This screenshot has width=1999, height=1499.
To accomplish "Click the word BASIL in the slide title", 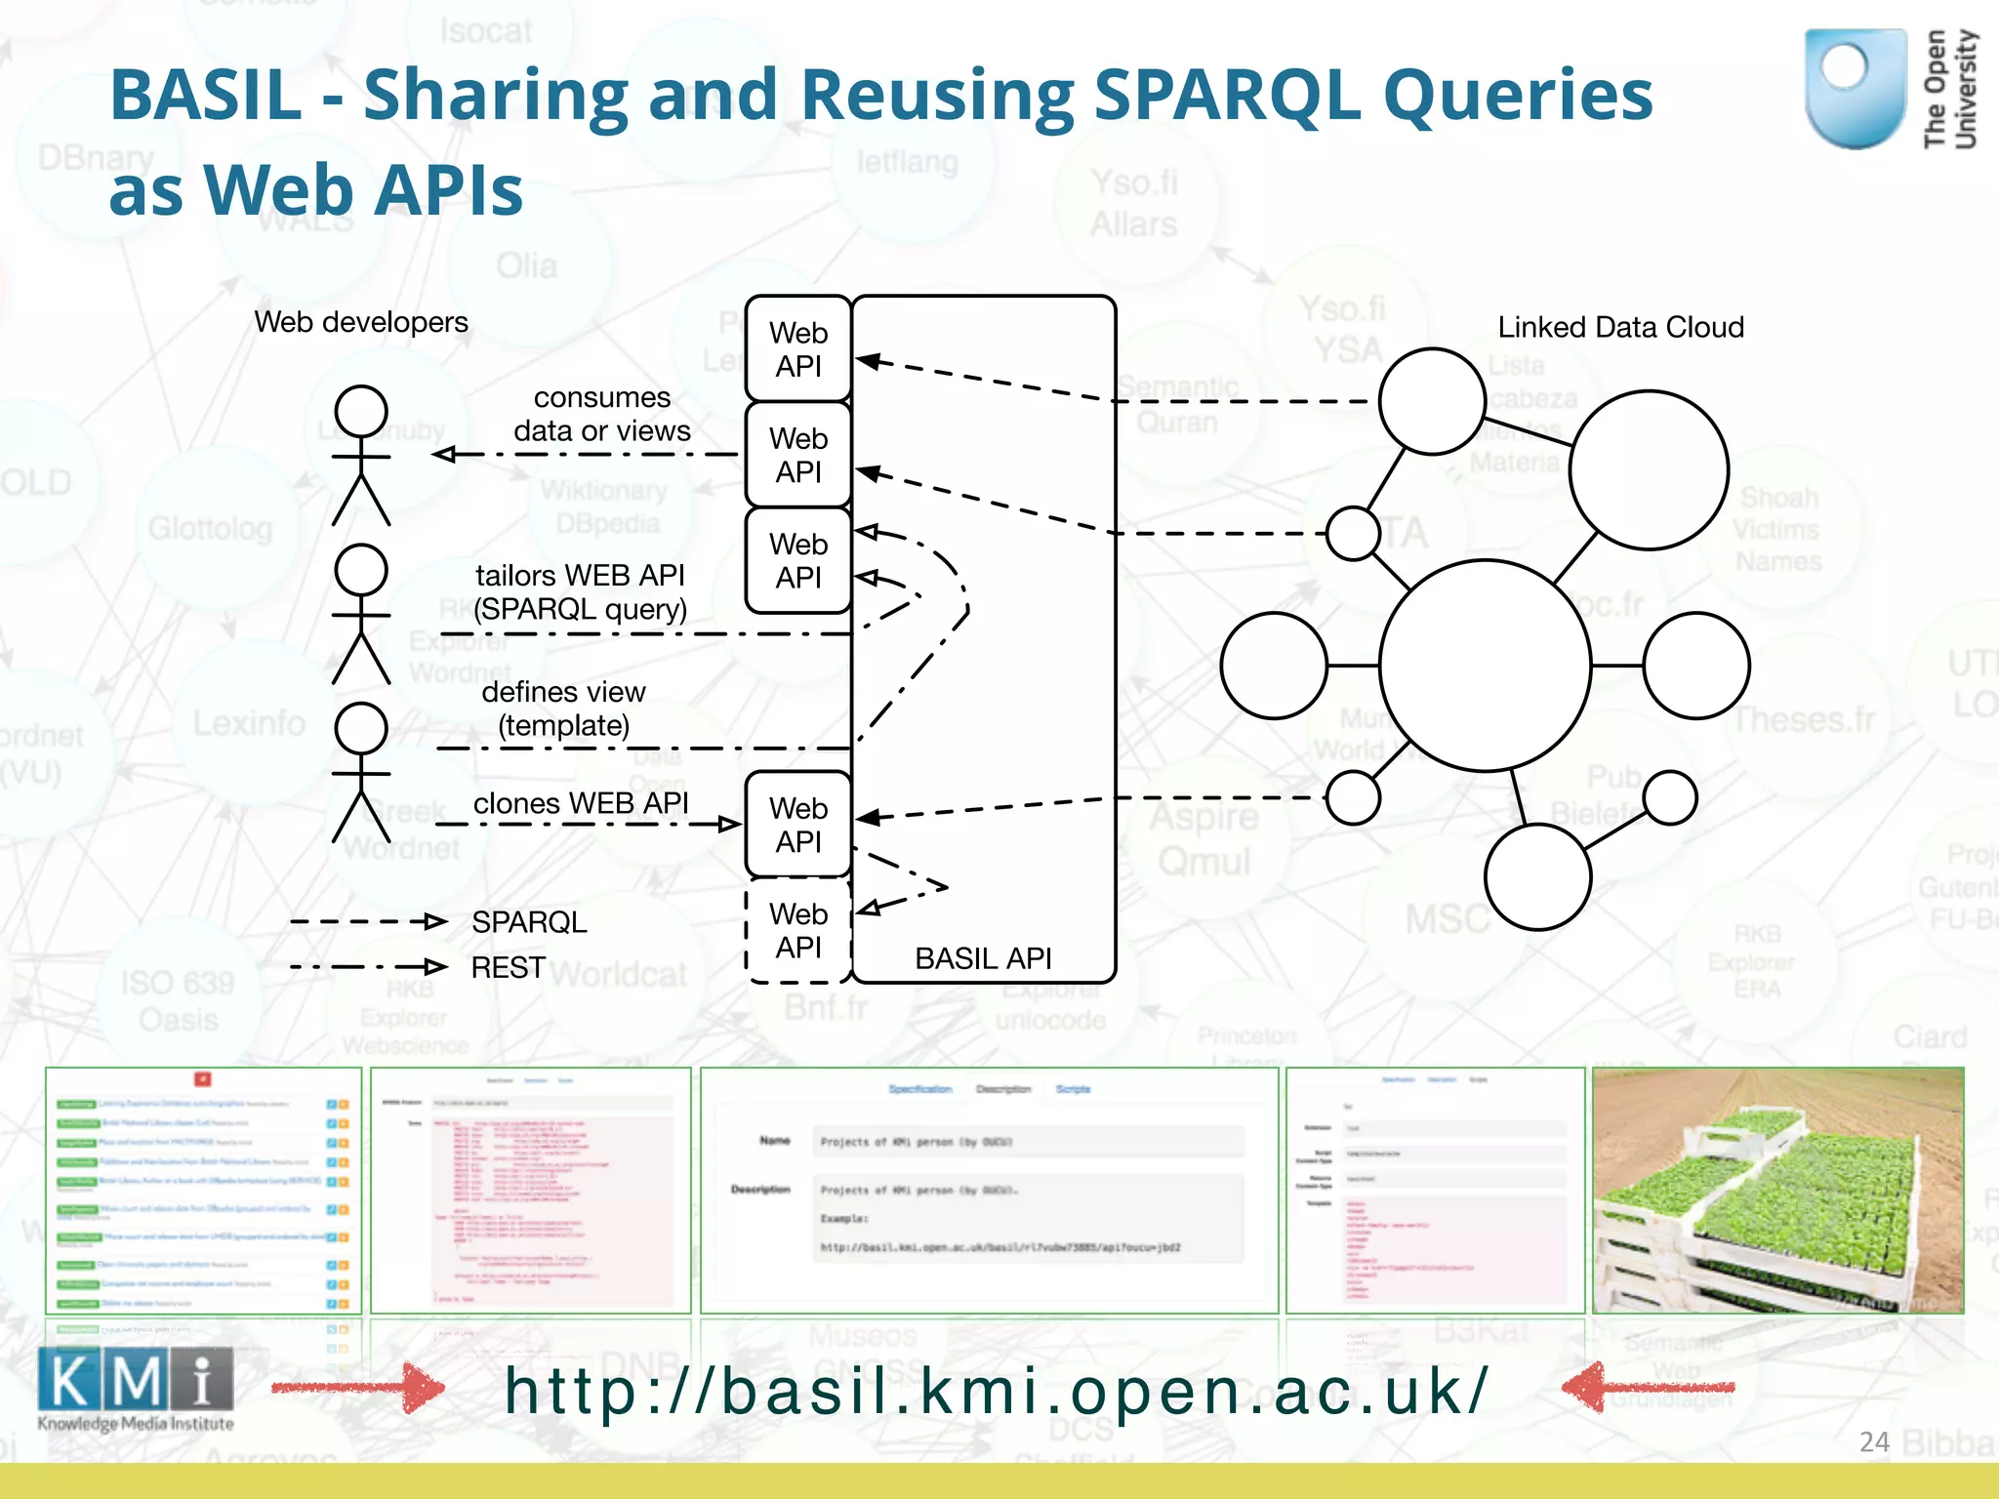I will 206,95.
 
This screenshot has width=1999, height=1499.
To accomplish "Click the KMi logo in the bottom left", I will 136,1387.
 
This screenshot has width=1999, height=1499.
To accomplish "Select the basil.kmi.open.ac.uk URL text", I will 996,1390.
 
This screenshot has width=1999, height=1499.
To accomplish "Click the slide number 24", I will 1874,1442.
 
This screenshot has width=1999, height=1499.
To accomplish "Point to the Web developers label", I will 361,322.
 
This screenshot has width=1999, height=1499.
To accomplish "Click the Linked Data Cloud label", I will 1620,327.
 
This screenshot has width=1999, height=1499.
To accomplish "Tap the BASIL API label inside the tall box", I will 983,958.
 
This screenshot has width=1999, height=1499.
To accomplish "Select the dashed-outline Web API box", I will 798,930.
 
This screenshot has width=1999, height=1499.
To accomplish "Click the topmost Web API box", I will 798,349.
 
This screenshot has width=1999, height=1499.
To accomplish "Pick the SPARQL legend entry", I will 529,922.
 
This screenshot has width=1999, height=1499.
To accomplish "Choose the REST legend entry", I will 508,967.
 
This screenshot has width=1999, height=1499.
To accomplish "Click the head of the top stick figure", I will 361,411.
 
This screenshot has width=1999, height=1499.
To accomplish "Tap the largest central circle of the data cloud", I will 1486,666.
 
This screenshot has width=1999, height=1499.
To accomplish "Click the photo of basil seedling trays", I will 1777,1191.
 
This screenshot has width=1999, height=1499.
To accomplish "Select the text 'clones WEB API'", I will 581,803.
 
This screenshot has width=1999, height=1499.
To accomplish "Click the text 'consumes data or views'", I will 602,415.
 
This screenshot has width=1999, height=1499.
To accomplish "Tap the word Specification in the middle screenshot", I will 919,1089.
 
